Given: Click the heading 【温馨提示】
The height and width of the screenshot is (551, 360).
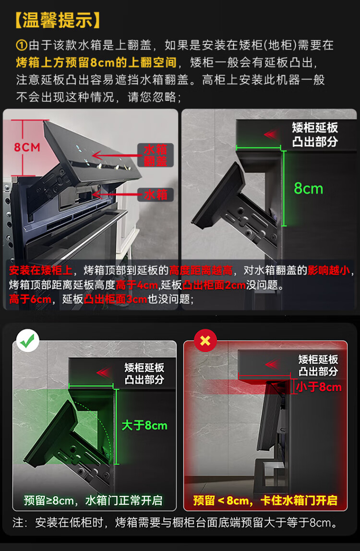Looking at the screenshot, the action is pyautogui.click(x=58, y=20).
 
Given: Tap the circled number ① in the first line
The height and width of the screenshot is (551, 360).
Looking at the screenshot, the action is pyautogui.click(x=22, y=45).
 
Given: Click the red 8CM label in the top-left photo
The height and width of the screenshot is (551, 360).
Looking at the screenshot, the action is pyautogui.click(x=27, y=147).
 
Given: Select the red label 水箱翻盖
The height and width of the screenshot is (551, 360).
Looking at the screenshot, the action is pyautogui.click(x=155, y=155).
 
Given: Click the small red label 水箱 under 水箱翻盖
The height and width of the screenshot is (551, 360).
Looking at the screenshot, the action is pyautogui.click(x=155, y=195).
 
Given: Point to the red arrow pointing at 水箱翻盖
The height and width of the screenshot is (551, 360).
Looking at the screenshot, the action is pyautogui.click(x=115, y=155).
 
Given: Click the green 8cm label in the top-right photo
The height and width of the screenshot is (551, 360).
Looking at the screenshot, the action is pyautogui.click(x=308, y=188).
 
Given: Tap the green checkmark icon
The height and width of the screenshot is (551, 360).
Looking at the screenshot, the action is pyautogui.click(x=27, y=341).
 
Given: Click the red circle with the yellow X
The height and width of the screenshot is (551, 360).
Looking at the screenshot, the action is pyautogui.click(x=205, y=341).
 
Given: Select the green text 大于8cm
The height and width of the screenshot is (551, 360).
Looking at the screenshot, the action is pyautogui.click(x=144, y=426).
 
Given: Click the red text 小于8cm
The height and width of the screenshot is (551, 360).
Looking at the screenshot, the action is pyautogui.click(x=319, y=387).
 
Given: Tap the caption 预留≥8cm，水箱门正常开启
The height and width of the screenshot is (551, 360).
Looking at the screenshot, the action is pyautogui.click(x=93, y=501).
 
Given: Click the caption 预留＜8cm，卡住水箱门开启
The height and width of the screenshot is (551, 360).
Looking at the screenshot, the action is pyautogui.click(x=265, y=501).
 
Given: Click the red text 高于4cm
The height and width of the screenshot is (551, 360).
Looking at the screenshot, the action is pyautogui.click(x=137, y=285).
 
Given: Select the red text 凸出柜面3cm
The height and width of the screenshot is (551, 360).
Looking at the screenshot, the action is pyautogui.click(x=115, y=299).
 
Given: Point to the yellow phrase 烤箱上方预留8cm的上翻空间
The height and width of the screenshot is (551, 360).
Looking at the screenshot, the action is pyautogui.click(x=96, y=62).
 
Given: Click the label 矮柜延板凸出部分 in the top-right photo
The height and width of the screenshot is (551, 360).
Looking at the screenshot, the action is pyautogui.click(x=315, y=134).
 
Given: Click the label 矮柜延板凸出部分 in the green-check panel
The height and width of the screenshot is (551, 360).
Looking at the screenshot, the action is pyautogui.click(x=144, y=374).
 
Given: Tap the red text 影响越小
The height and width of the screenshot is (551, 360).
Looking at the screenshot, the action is pyautogui.click(x=329, y=270).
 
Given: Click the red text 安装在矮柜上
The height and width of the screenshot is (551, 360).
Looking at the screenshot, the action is pyautogui.click(x=41, y=270).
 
